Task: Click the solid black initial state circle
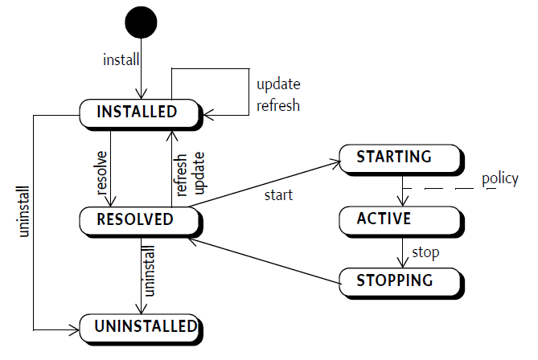141,22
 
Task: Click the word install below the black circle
121,59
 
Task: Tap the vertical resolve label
101,173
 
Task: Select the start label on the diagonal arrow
278,195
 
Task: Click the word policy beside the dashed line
500,179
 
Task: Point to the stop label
425,252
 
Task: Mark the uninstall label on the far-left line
24,211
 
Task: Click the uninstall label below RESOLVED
149,271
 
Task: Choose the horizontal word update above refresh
278,84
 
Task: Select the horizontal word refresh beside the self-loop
278,105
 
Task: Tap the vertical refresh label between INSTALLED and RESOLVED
180,175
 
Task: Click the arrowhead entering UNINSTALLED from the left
75,330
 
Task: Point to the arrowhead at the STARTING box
335,164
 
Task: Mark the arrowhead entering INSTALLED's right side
208,115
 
